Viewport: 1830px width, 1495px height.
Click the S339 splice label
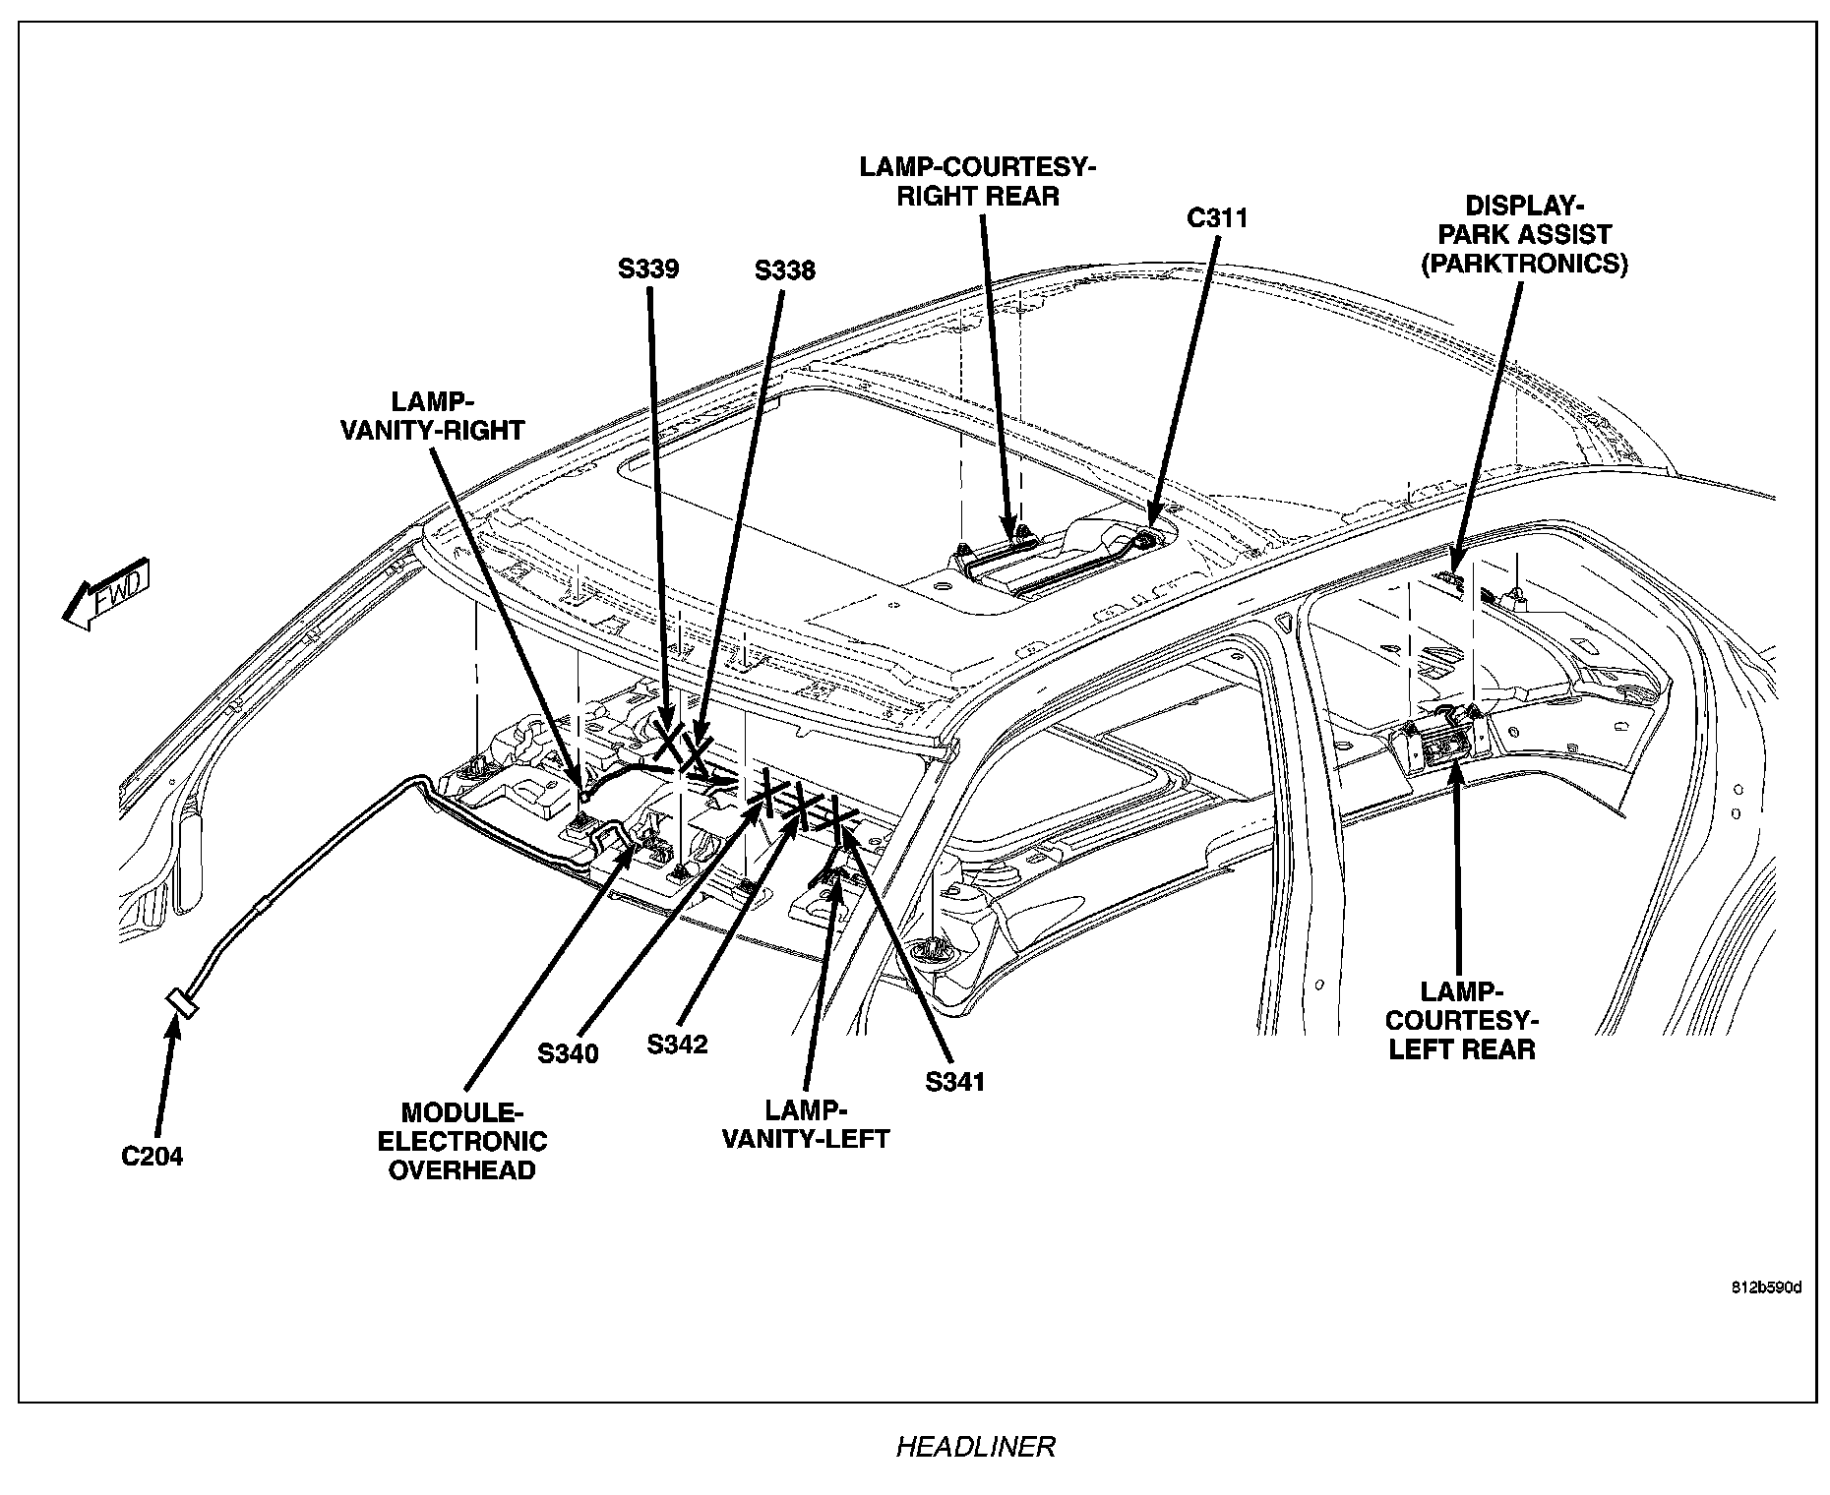tap(648, 269)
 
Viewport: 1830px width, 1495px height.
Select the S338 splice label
tap(784, 269)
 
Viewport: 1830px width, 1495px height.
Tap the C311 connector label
tap(1217, 217)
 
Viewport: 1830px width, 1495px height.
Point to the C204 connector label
tap(152, 1157)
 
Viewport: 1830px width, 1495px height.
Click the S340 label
tap(568, 1053)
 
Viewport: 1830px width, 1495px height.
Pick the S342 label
tap(677, 1044)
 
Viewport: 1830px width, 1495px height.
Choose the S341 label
tap(954, 1082)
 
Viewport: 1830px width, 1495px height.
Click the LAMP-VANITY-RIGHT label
tap(432, 416)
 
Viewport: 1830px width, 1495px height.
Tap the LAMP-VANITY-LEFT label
tap(806, 1124)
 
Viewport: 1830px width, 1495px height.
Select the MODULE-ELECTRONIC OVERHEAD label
tap(462, 1141)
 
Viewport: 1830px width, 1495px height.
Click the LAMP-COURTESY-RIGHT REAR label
tap(978, 181)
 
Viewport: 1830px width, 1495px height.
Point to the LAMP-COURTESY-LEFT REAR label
tap(1461, 1020)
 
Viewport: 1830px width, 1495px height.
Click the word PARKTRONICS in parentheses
tap(1524, 264)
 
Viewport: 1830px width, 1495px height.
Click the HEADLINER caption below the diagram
tap(975, 1447)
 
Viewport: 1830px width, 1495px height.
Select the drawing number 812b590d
tap(1767, 1288)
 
